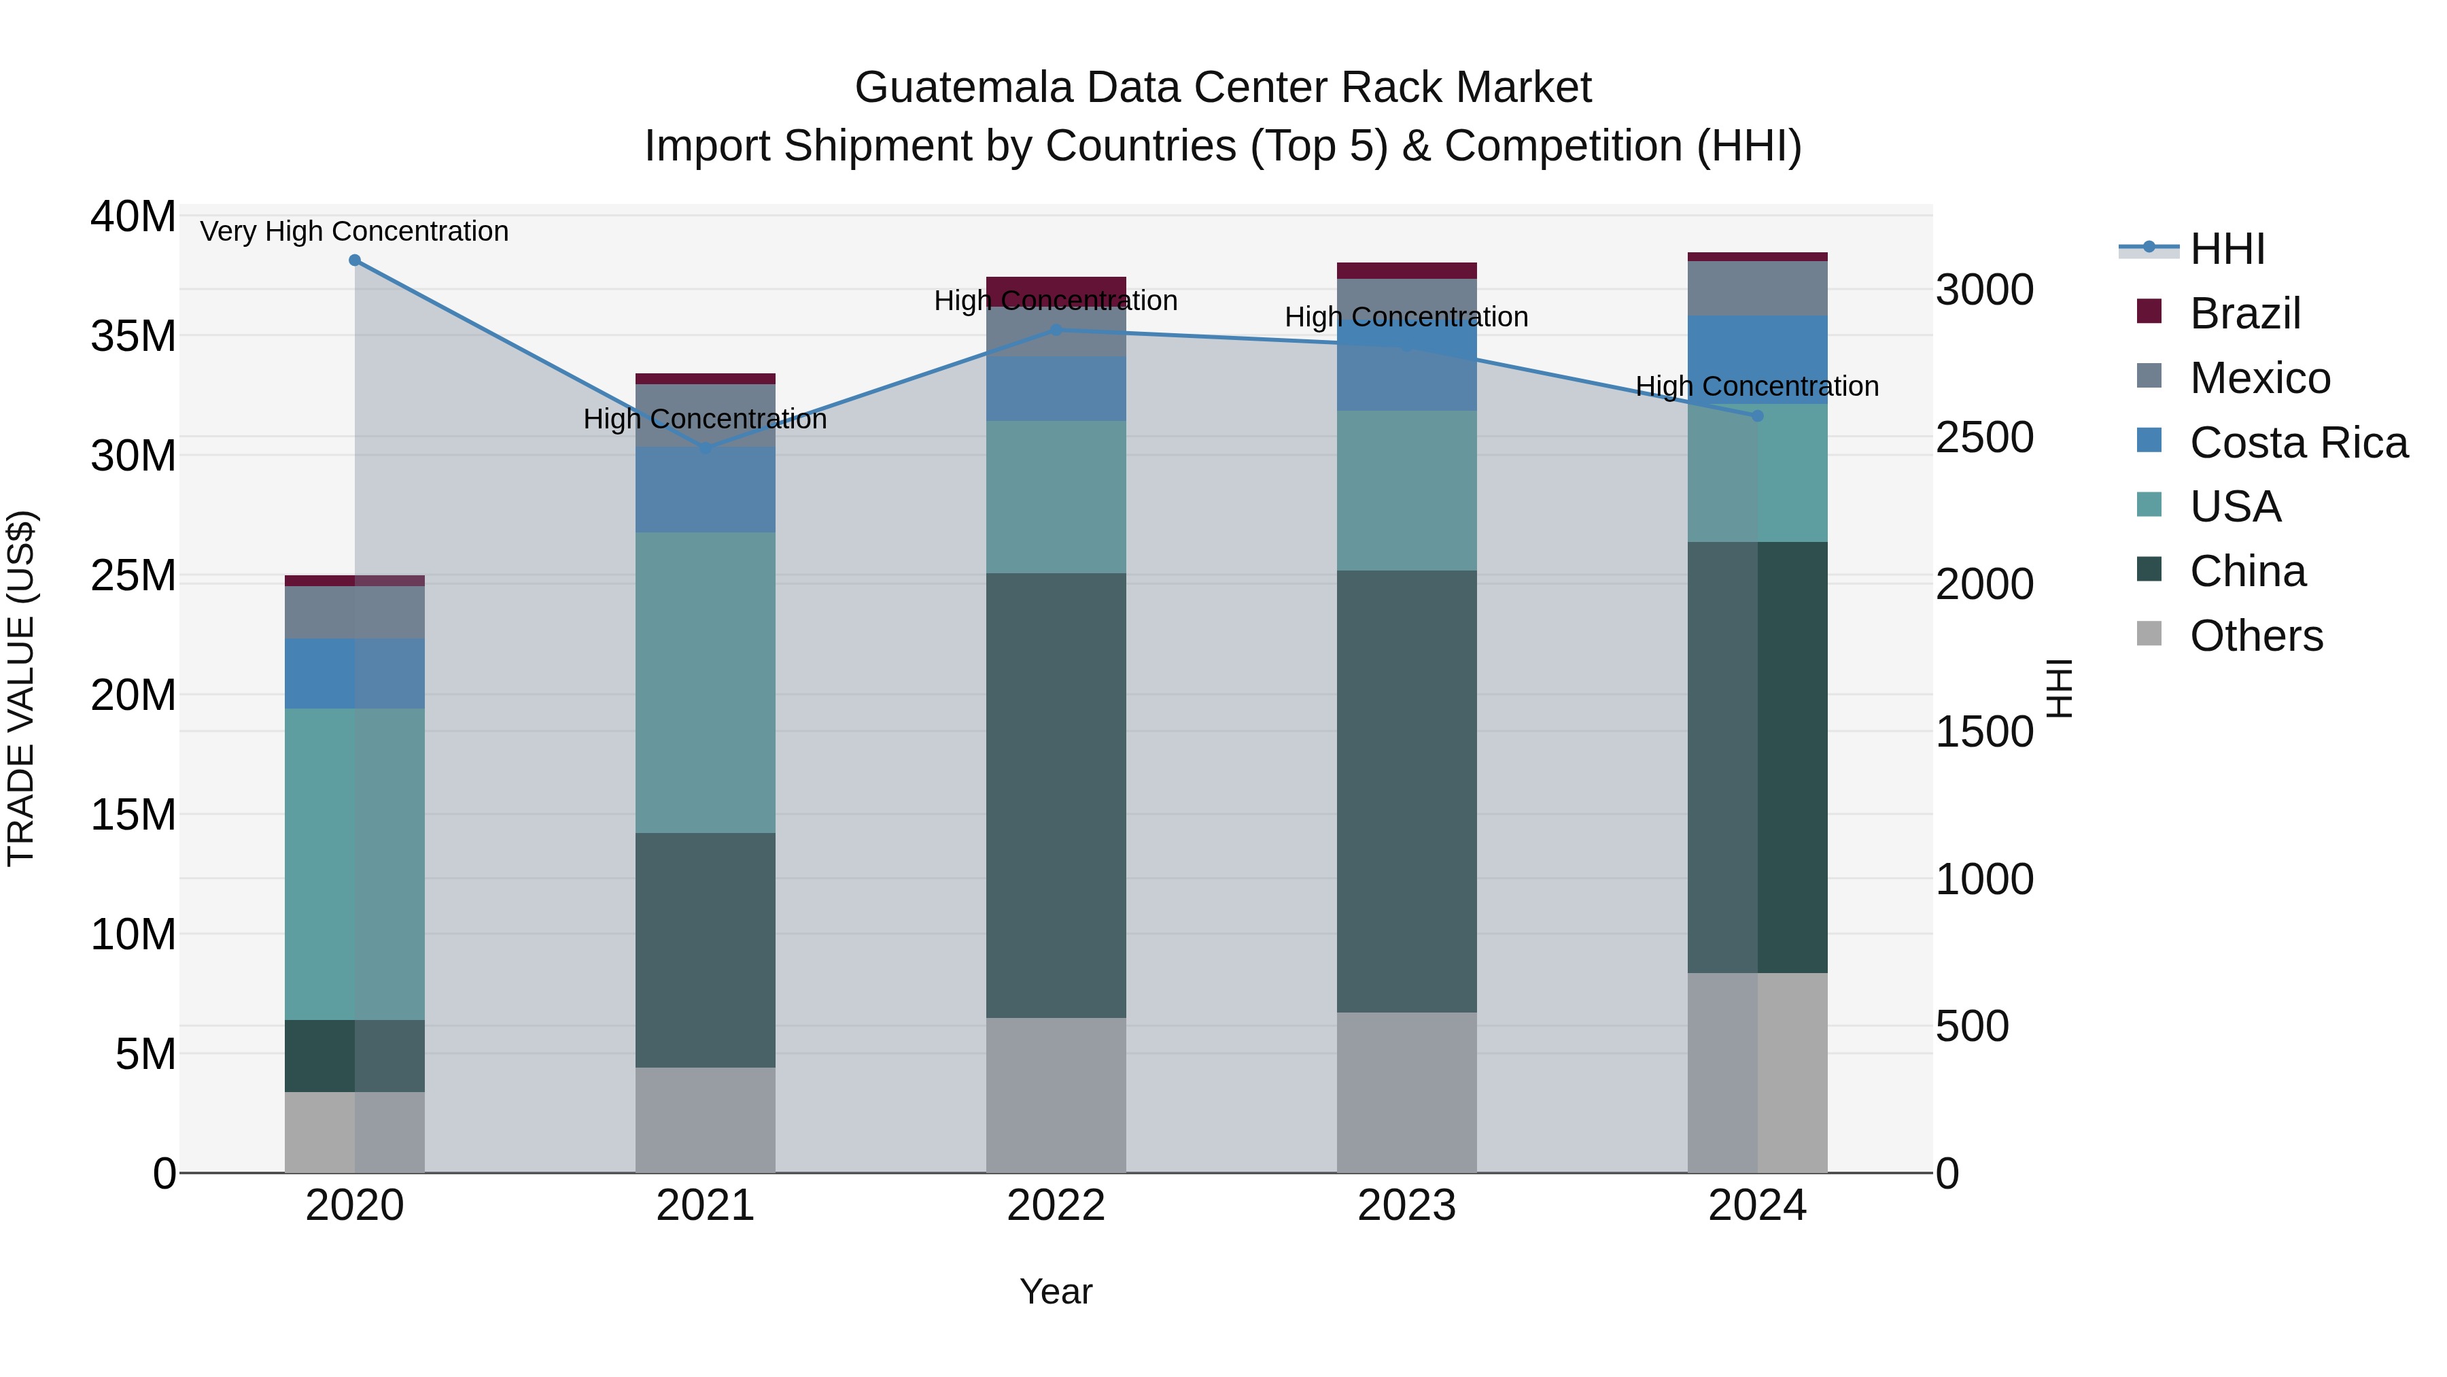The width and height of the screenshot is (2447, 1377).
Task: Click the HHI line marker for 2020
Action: [x=354, y=260]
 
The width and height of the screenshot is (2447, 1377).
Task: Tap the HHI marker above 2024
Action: [x=1756, y=416]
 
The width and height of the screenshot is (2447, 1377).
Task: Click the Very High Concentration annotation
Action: [x=354, y=232]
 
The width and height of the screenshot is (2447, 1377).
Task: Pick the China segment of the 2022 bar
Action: [x=1056, y=796]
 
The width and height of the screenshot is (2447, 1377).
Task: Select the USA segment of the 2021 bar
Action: [x=705, y=682]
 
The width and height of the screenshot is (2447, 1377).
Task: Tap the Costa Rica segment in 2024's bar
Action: [x=1756, y=359]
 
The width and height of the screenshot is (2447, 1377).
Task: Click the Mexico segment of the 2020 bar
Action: [x=354, y=612]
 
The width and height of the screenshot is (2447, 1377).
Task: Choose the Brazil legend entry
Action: [x=2244, y=313]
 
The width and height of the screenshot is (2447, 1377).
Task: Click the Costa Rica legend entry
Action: [x=2299, y=443]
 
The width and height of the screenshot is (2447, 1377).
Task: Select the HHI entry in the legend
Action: [x=2227, y=249]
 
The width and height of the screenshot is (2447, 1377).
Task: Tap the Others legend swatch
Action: [x=2149, y=634]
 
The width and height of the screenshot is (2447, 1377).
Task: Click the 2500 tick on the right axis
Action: [x=1984, y=437]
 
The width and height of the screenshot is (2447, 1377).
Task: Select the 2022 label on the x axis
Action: [x=1056, y=1206]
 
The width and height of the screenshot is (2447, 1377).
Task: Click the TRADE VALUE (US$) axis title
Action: [x=21, y=688]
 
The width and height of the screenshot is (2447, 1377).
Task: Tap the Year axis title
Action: [x=1056, y=1291]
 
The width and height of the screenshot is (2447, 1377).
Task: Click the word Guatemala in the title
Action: [x=963, y=88]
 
